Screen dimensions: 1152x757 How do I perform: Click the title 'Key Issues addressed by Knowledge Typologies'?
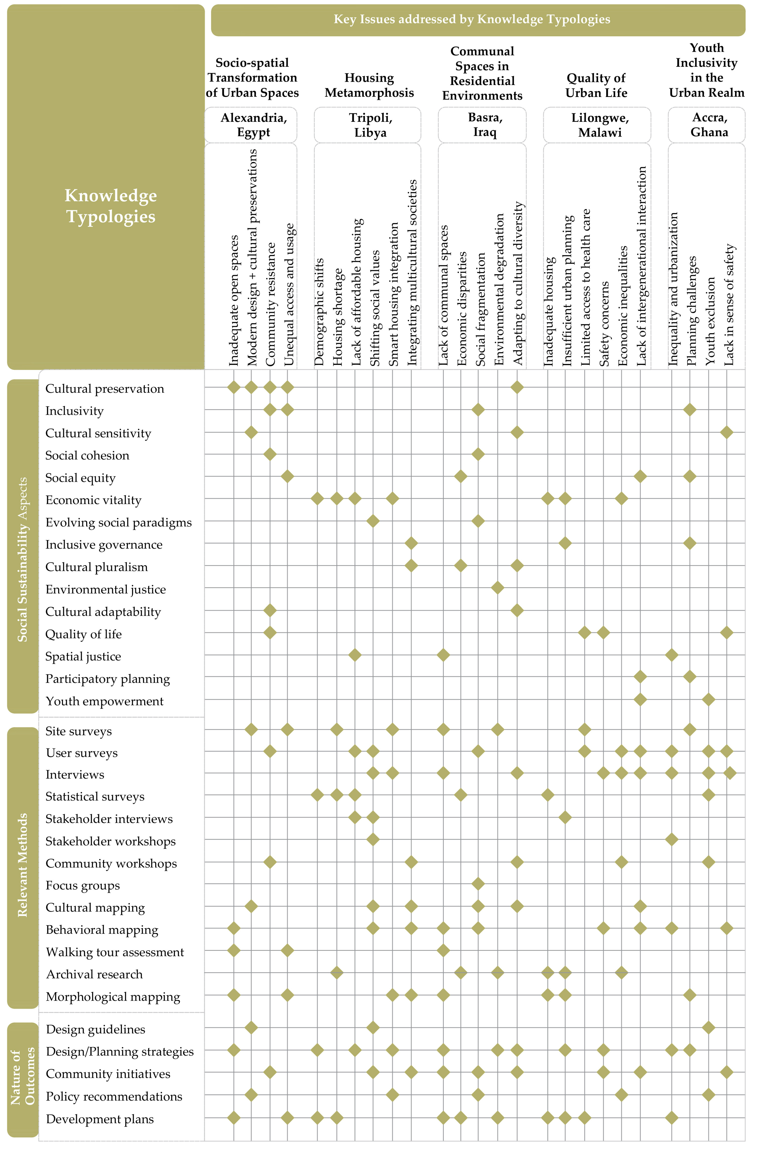coord(472,19)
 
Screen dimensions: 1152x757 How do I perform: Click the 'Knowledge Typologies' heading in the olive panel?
coord(111,206)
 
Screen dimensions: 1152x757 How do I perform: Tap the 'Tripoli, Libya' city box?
coord(370,125)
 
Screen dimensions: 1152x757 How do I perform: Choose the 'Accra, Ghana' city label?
coord(709,125)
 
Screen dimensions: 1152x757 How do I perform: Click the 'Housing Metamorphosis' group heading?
coord(369,85)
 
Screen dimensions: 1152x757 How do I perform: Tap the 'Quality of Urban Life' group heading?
coord(596,85)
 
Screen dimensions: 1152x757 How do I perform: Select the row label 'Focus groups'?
coord(83,885)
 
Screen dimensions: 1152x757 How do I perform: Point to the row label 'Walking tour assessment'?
coord(115,952)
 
